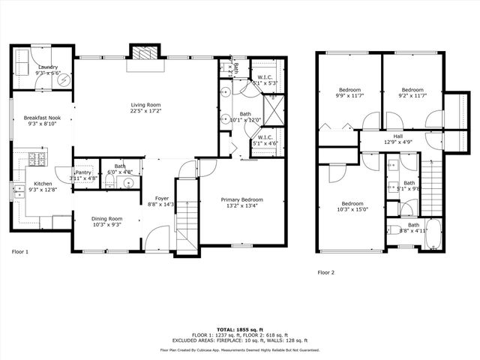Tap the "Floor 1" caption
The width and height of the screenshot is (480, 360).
pos(19,252)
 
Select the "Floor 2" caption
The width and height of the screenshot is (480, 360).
pos(325,272)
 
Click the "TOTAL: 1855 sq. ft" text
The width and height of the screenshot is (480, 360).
pos(240,329)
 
